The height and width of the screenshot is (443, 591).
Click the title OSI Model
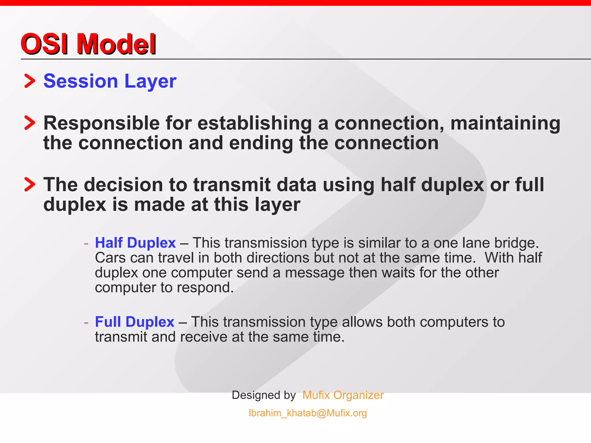tap(88, 44)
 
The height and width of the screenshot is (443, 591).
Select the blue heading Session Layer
tap(110, 81)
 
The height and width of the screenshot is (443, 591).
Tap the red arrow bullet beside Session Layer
tap(29, 81)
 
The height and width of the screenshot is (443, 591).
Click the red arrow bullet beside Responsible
tap(29, 123)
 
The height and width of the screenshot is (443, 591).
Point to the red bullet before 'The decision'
tap(29, 184)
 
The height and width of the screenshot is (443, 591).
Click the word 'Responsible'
tap(101, 123)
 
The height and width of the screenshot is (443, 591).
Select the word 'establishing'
tap(255, 123)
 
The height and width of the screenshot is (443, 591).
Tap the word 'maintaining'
tap(505, 123)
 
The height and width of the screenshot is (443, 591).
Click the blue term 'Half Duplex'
tap(135, 243)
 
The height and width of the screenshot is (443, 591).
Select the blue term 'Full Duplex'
tap(134, 322)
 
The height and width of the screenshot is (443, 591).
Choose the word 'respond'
tap(205, 288)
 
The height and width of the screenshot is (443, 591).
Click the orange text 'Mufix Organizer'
tap(343, 395)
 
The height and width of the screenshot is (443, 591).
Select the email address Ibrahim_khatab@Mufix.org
tap(308, 413)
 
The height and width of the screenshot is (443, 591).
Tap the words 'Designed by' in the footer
tap(264, 395)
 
